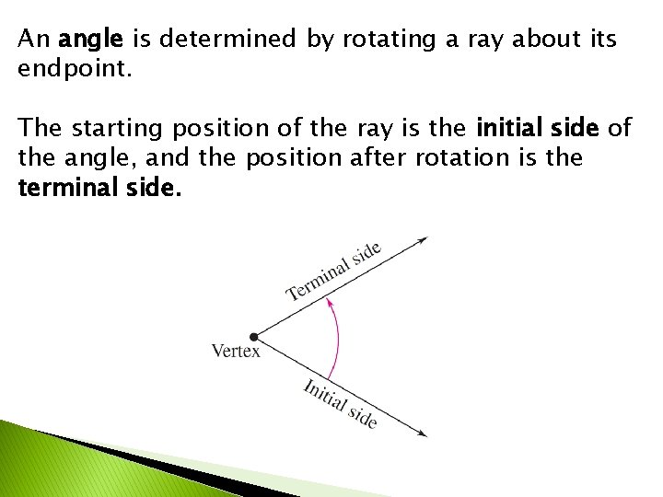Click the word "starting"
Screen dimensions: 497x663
[115, 128]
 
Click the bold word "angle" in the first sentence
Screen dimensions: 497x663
[88, 40]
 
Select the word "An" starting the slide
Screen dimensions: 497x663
[34, 40]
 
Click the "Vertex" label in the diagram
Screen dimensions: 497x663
[236, 351]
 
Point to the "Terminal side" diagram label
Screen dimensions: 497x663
[333, 272]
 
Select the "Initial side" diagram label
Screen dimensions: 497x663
[340, 403]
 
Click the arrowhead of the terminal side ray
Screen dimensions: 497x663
[423, 240]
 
